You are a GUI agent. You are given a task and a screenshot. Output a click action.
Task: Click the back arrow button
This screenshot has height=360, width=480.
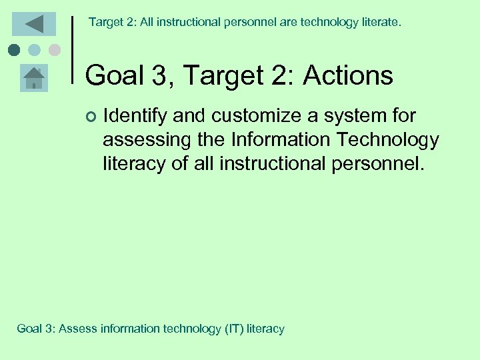click(34, 24)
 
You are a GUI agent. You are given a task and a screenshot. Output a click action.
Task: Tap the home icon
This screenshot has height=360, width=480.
click(34, 79)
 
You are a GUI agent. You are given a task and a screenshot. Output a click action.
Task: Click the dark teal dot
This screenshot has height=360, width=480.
click(14, 49)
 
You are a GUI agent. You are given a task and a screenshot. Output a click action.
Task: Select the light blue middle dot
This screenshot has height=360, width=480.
click(34, 49)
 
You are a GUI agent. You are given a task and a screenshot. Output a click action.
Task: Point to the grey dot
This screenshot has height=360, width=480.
click(54, 49)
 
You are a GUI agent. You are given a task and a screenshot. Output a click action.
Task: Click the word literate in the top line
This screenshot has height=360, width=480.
click(377, 23)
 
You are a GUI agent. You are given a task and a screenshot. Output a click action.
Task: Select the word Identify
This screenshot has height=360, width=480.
click(135, 116)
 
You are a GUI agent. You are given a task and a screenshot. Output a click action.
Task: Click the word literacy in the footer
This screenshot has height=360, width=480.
click(266, 329)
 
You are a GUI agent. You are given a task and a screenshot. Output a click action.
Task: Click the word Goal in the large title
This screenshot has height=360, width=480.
click(115, 75)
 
